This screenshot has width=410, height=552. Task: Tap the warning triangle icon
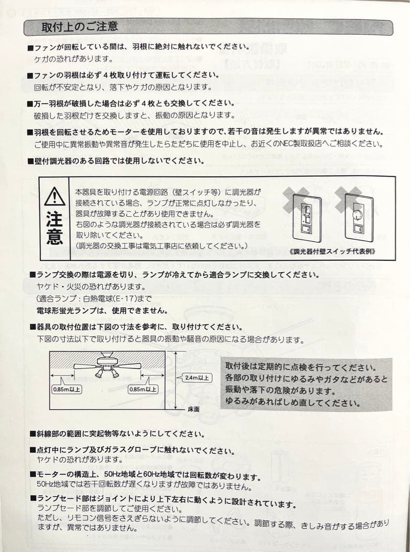point(54,197)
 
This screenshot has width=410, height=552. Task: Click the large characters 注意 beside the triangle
point(54,228)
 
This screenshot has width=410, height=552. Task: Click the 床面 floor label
point(193,409)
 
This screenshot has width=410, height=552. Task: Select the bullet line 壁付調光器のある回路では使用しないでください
point(119,160)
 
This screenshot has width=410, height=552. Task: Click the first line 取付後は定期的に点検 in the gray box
point(301,367)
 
